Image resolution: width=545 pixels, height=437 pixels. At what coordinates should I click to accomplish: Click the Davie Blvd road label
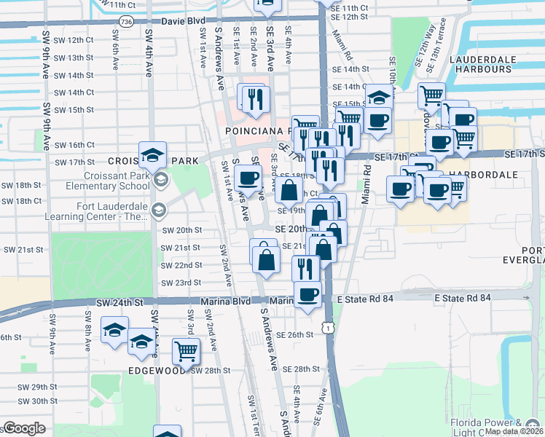point(182,23)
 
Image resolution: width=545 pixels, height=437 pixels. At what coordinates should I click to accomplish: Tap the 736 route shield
point(128,23)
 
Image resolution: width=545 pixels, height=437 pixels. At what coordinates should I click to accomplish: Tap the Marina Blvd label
point(233,301)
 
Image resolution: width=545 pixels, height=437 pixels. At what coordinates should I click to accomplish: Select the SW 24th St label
point(119,302)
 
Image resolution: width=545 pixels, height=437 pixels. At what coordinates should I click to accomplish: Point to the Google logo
point(24,428)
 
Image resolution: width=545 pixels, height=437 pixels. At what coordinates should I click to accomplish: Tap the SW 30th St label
point(34,401)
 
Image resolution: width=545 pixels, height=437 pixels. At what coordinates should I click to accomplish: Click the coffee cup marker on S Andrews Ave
point(248,177)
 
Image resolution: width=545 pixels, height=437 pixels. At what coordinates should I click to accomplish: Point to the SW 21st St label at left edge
point(23,250)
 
